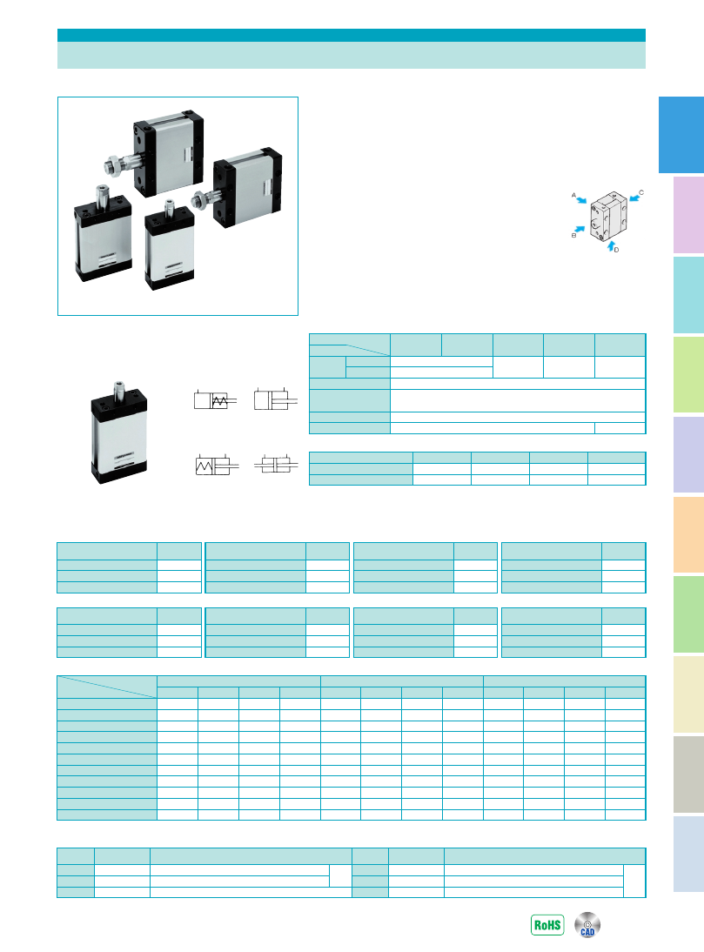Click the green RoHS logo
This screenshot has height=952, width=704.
click(x=547, y=925)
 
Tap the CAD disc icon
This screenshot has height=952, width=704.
click(x=587, y=925)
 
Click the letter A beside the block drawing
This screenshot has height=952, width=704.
click(x=573, y=195)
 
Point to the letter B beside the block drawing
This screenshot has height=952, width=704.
click(x=573, y=235)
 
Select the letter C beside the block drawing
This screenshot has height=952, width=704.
click(x=640, y=192)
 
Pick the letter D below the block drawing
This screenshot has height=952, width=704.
click(x=617, y=250)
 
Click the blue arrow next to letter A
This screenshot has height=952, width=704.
click(x=582, y=200)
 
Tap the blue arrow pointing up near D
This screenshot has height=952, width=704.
click(x=611, y=246)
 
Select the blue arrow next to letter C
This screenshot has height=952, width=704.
click(x=634, y=198)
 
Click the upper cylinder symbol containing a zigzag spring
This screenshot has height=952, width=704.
click(x=216, y=400)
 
